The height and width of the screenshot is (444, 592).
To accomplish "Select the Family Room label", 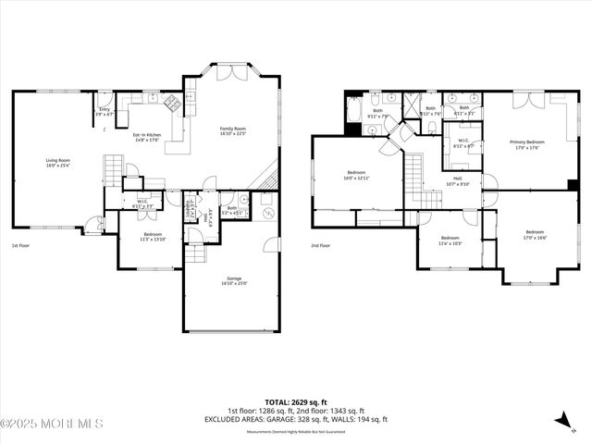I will (232, 129).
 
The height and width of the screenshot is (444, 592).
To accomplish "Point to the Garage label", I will (234, 280).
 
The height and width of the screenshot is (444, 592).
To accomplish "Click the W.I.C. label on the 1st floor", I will (142, 203).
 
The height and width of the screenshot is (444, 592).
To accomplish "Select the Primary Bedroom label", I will (527, 143).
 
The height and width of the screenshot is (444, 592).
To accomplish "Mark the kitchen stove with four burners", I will (171, 102).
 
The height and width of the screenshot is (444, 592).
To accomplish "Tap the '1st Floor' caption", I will (21, 246).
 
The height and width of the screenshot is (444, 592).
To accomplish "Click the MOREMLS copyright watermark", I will (52, 424).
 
